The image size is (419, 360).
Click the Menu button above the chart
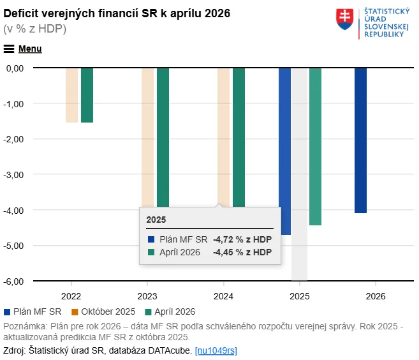click(x=23, y=49)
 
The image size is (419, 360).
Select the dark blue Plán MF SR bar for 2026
click(x=360, y=140)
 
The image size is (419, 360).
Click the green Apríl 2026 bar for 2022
click(x=87, y=95)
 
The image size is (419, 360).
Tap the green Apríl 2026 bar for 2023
click(x=163, y=134)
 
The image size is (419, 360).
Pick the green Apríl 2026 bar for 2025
click(x=315, y=147)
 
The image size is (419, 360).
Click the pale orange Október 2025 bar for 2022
click(x=71, y=95)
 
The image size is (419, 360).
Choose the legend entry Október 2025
click(x=107, y=311)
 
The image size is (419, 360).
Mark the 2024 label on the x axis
click(x=223, y=296)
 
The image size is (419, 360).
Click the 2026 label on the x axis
click(x=376, y=296)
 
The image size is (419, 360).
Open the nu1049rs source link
click(x=216, y=350)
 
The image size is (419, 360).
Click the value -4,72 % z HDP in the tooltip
click(x=242, y=239)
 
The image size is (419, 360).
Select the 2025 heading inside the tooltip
click(x=156, y=220)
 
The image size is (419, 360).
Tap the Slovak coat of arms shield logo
click(x=346, y=20)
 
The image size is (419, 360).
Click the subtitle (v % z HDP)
click(x=35, y=29)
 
